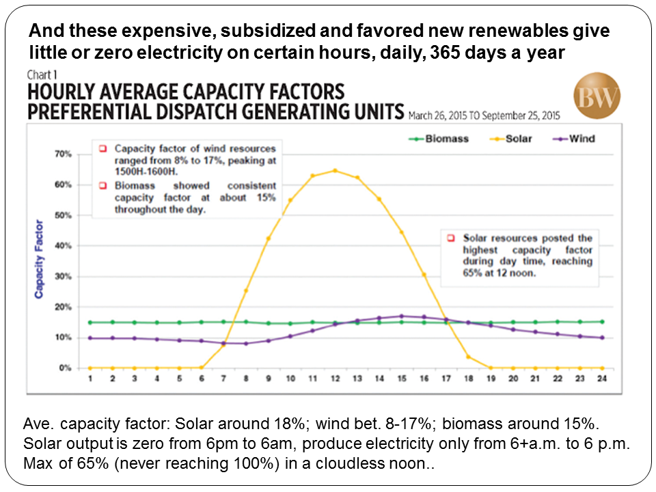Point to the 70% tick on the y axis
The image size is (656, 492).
64,154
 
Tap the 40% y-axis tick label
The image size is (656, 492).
64,246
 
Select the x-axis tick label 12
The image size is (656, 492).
335,380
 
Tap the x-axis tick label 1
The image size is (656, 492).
90,380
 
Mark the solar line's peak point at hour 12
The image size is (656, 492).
335,171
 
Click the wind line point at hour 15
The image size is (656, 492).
401,316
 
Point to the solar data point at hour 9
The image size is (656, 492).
269,238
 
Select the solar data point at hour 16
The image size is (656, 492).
424,275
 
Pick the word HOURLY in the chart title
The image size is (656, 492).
64,91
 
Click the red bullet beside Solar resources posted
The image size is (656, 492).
450,238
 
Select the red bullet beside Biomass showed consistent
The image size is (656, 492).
102,186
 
